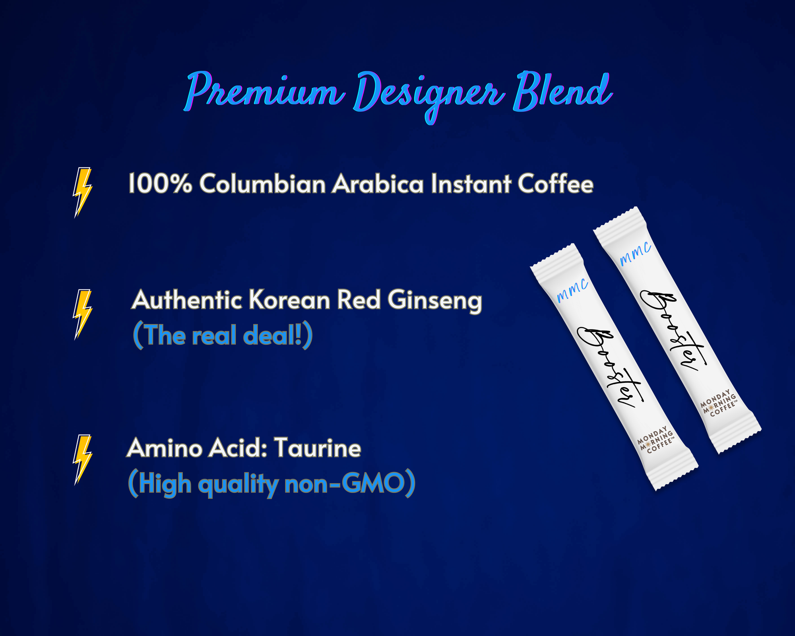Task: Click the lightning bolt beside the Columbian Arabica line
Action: click(x=82, y=192)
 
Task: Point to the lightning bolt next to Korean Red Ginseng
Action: click(x=82, y=314)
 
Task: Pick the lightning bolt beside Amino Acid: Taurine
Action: click(x=82, y=460)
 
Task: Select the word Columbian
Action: click(x=262, y=183)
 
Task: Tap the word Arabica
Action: click(x=378, y=183)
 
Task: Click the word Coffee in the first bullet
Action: click(x=556, y=183)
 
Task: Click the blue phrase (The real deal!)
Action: click(x=223, y=335)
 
